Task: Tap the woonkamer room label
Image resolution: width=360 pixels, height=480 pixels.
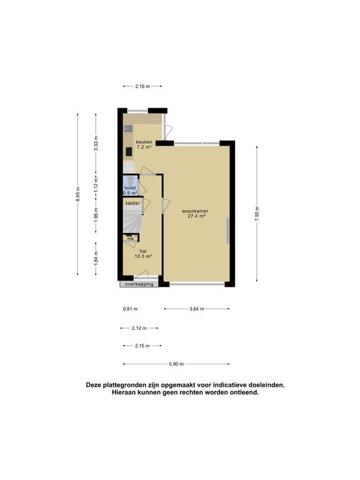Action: pos(195,211)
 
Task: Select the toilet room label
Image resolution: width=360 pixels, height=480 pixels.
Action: pos(130,187)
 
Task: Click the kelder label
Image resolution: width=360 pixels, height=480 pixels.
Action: pos(132,204)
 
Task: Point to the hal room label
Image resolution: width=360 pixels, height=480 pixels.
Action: pos(144,251)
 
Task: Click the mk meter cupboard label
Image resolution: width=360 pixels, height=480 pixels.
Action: pos(131,239)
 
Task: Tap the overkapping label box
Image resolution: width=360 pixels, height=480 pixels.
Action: pos(139,284)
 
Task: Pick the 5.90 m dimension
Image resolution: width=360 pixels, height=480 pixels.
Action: pos(176,364)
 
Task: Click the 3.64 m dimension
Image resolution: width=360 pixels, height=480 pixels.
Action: pos(196,308)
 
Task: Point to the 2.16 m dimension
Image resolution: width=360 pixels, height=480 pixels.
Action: pos(143,86)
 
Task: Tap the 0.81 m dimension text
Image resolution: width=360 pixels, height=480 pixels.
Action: pos(131,309)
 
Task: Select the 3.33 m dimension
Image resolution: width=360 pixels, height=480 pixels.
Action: pos(96,144)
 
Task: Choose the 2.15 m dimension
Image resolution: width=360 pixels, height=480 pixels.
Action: pos(142,346)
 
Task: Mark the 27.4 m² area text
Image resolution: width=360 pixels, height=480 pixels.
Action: pos(195,216)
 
